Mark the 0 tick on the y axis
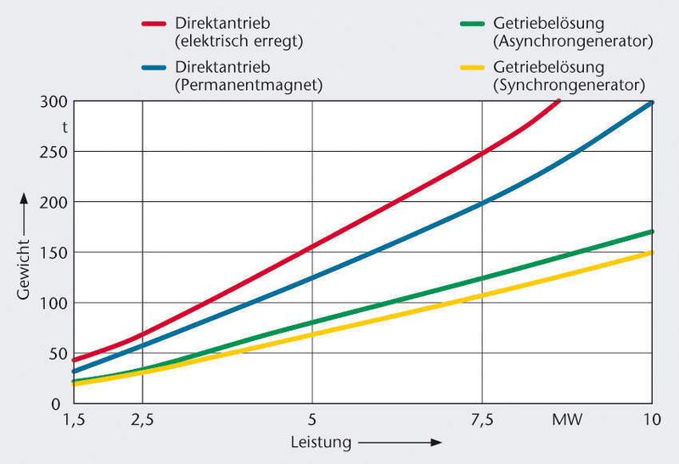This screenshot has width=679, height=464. click(58, 404)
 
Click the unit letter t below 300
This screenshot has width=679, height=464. click(64, 127)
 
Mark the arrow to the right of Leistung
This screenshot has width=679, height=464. click(399, 442)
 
